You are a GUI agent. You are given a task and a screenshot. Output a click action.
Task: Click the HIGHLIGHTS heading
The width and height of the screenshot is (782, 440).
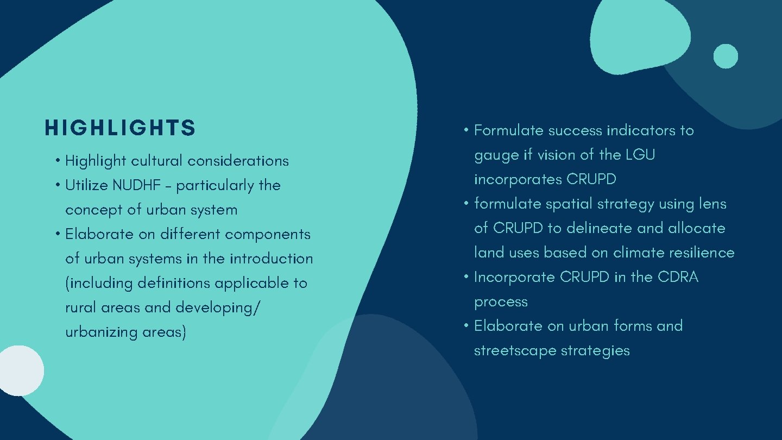tap(120, 128)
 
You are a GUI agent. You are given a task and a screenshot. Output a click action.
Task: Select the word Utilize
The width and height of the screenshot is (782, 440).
tap(87, 185)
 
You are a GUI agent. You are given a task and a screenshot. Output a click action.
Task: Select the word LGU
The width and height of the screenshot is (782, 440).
tap(640, 155)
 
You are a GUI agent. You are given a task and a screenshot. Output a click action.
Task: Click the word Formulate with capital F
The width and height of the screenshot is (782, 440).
tap(509, 130)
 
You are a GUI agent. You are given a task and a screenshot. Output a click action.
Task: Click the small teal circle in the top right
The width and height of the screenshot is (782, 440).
tap(726, 56)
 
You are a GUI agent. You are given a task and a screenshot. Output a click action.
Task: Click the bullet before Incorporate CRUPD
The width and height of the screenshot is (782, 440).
tap(466, 277)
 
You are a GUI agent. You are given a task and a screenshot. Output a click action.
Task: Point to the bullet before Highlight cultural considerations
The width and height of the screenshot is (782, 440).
tap(57, 161)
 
